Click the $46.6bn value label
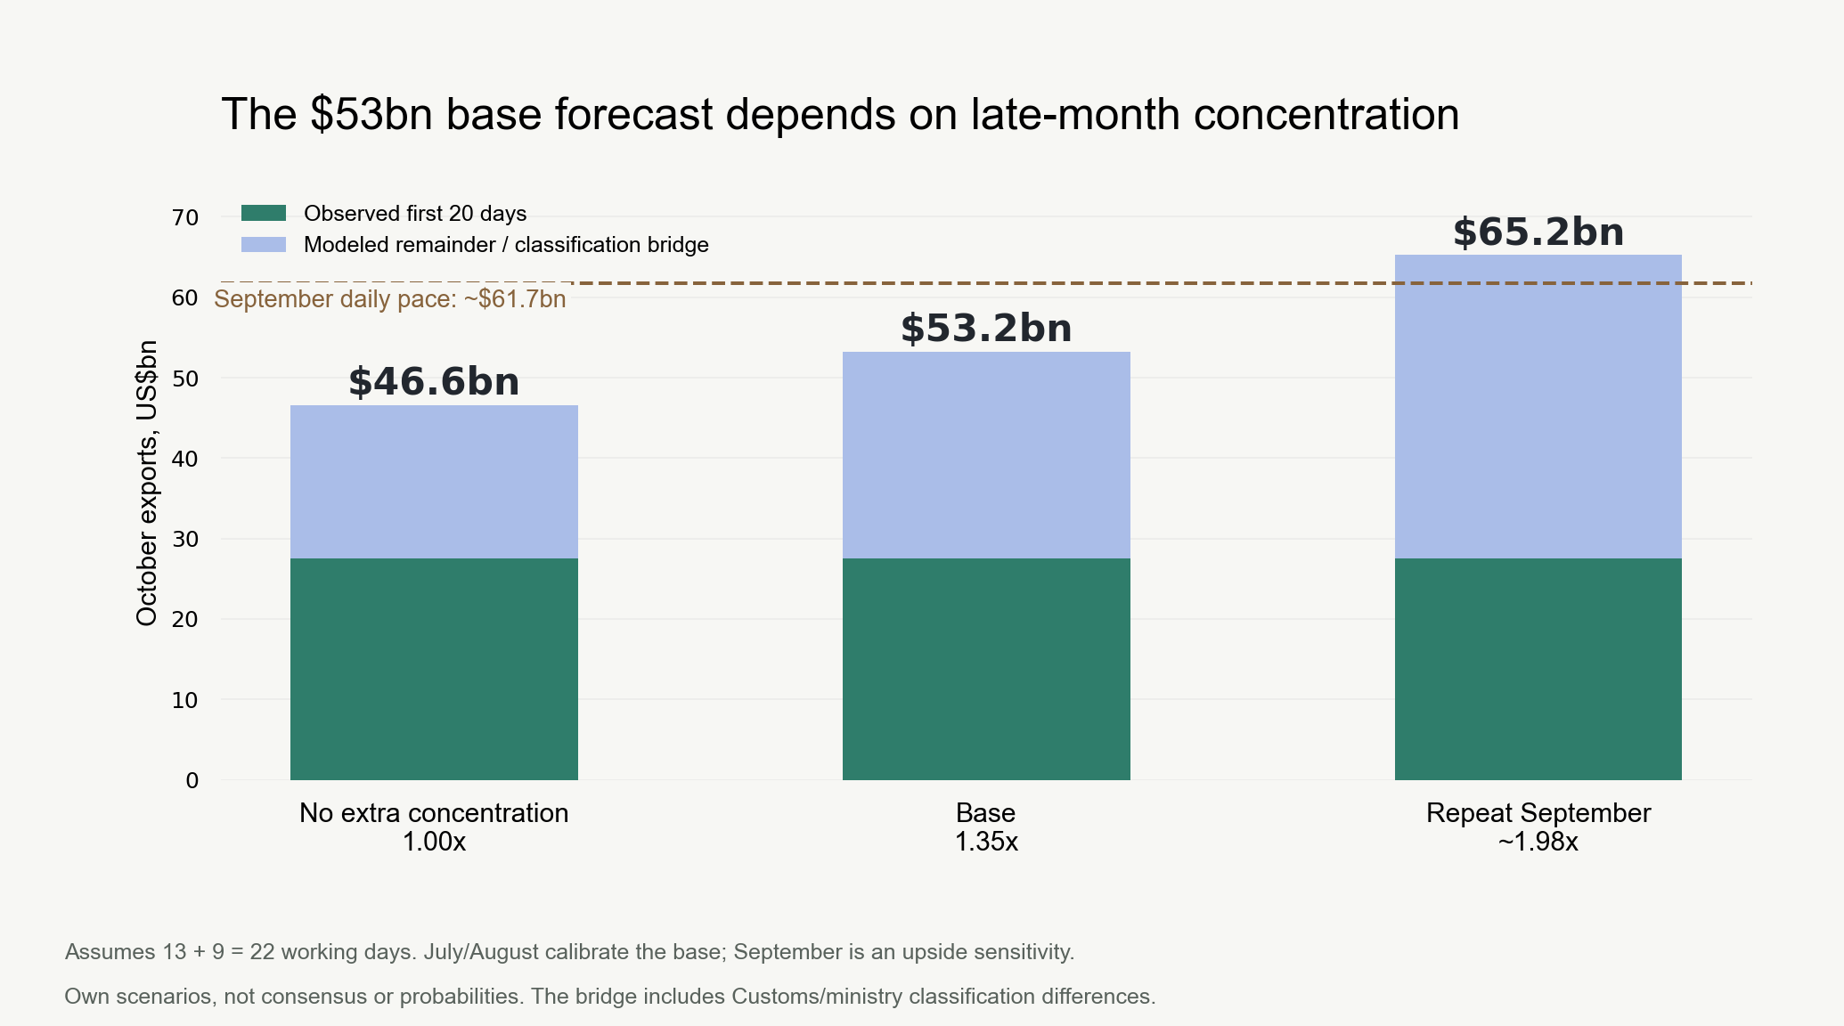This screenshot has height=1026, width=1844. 434,382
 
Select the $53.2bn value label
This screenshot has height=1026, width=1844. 986,329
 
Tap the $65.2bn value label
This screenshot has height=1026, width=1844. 1538,232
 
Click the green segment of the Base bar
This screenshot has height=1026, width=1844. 986,669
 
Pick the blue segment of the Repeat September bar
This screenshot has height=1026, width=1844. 1538,407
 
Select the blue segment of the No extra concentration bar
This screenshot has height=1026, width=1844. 434,482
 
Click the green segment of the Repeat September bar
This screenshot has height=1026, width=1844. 1538,669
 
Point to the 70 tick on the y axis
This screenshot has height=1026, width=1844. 185,217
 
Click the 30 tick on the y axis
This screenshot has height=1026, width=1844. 185,539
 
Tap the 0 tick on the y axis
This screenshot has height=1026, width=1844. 192,781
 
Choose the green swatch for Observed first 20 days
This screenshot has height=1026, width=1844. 264,213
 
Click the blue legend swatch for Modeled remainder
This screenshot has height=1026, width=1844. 264,244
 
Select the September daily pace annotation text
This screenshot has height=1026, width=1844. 390,299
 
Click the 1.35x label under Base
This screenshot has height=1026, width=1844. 986,842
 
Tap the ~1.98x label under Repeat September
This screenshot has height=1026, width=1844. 1538,842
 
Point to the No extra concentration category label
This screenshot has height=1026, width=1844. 434,813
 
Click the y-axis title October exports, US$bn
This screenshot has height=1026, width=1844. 147,483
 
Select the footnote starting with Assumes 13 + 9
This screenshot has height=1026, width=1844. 570,952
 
